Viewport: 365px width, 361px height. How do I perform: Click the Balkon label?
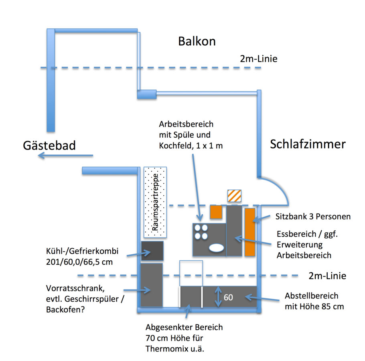(197, 41)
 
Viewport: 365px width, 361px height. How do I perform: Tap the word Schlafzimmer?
(308, 144)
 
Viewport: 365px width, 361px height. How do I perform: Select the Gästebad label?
(49, 145)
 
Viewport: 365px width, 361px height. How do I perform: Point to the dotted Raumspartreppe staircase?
(155, 201)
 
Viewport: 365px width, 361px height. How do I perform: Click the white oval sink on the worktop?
(216, 247)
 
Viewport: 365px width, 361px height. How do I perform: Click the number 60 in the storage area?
(229, 297)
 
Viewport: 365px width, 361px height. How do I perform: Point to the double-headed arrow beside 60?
(218, 297)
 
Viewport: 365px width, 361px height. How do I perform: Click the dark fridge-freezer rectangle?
(152, 251)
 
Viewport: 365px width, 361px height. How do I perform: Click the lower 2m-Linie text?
(327, 276)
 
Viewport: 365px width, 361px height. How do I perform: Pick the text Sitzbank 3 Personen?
(313, 217)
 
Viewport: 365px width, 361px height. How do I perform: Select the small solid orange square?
(216, 212)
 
